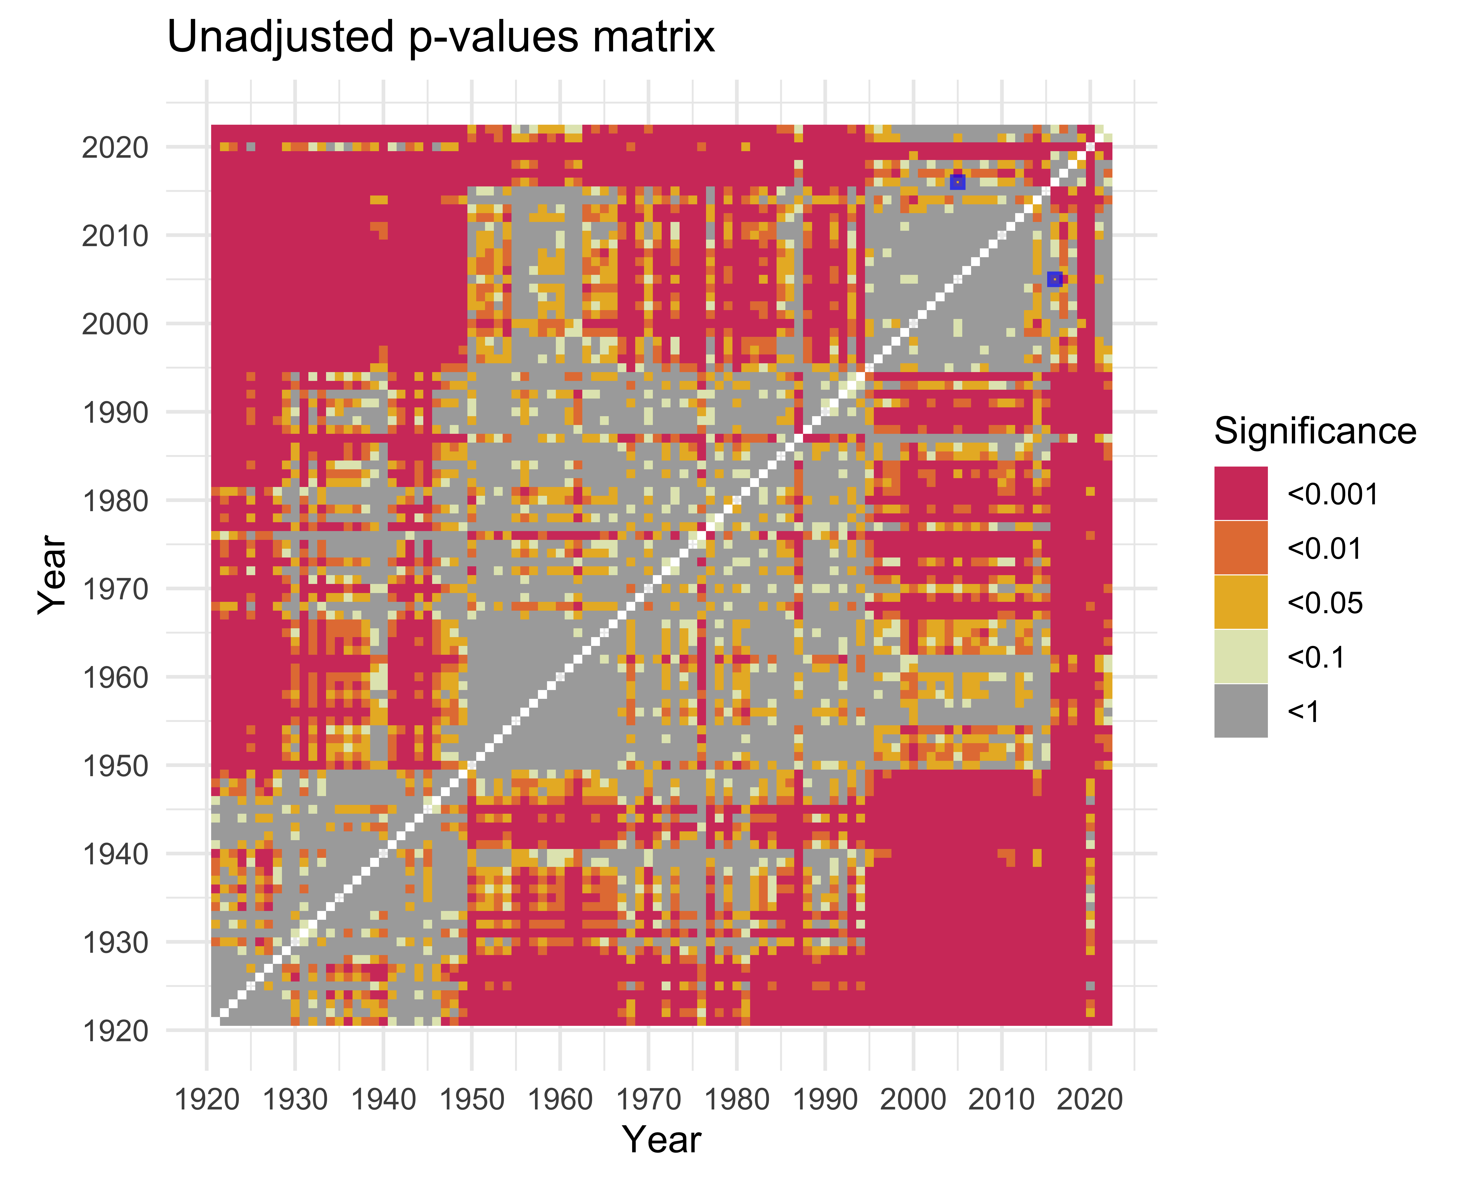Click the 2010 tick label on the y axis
coord(115,236)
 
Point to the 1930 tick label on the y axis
coord(115,942)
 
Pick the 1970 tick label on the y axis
coord(115,589)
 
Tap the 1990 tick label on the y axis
coord(115,413)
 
